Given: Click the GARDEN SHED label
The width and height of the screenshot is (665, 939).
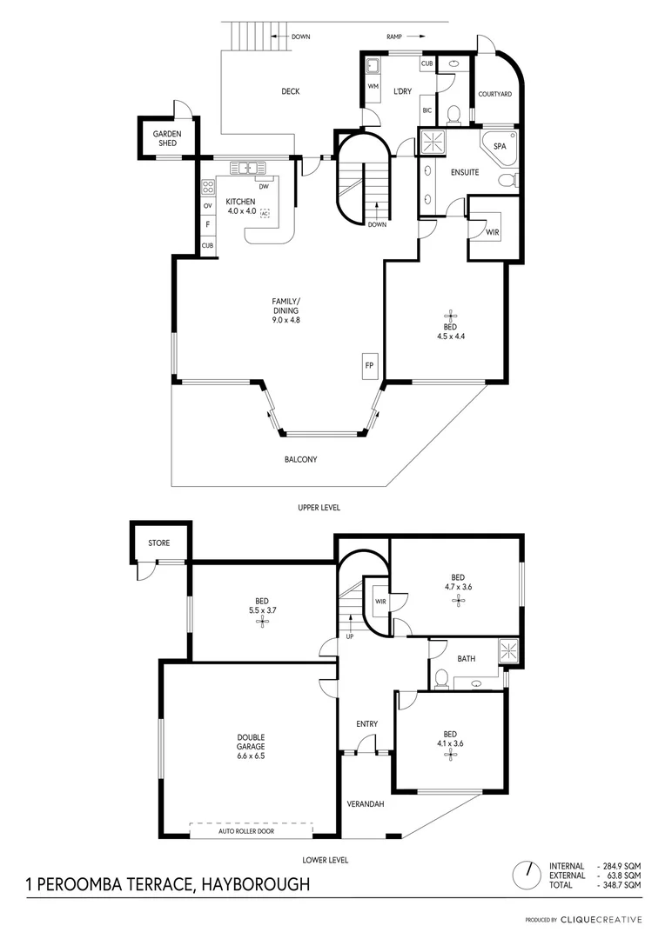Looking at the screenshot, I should click(167, 138).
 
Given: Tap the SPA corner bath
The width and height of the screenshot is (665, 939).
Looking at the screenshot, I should click(500, 147).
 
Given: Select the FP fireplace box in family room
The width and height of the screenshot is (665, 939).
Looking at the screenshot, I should click(369, 366).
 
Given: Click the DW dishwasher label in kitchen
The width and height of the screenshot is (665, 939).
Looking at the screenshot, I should click(263, 185).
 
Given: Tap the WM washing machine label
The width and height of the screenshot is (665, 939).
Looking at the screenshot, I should click(373, 87).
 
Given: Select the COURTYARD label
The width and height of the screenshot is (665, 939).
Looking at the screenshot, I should click(494, 94).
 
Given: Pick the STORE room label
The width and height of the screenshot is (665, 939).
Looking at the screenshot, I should click(158, 543).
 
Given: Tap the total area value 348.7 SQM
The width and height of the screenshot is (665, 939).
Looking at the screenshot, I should click(621, 884).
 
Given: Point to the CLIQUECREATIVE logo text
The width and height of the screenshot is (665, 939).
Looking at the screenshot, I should click(601, 919).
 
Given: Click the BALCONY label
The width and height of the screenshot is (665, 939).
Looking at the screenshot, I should click(299, 459).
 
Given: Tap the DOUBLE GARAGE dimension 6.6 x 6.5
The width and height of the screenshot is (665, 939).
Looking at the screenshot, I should click(251, 756).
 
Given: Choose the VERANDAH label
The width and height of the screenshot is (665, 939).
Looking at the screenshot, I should click(366, 803).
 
